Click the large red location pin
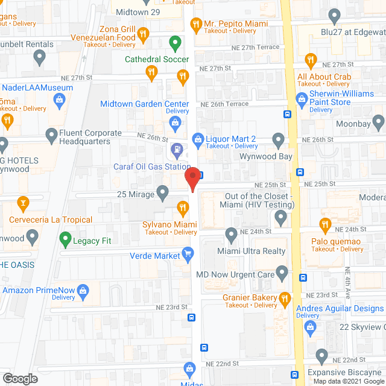click(192, 180)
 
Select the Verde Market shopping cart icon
click(188, 253)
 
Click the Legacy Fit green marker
click(65, 240)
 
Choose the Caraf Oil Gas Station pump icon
click(176, 148)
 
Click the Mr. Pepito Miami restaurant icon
click(195, 24)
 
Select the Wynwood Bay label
click(267, 156)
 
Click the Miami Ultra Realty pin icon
click(231, 233)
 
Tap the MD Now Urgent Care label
click(234, 274)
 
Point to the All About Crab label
click(324, 77)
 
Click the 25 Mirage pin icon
click(162, 193)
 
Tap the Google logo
click(20, 378)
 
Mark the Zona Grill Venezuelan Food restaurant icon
click(143, 33)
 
